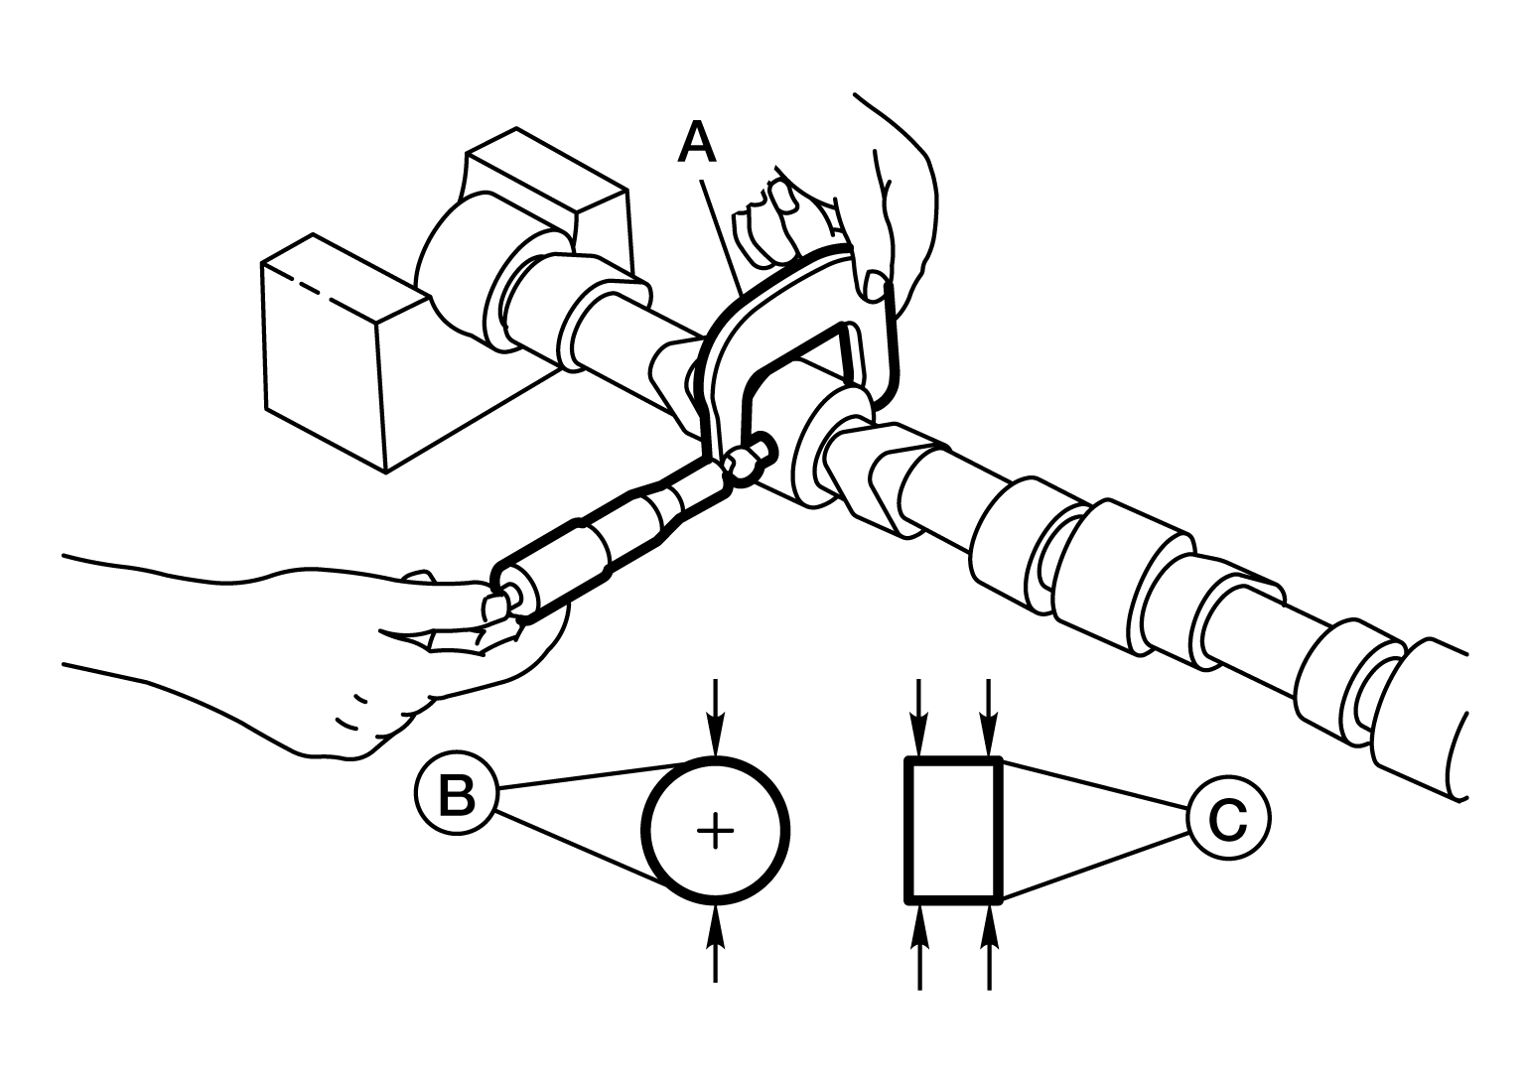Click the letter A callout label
(x=698, y=142)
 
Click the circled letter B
(x=457, y=794)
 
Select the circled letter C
(x=1228, y=818)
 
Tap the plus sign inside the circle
(x=715, y=831)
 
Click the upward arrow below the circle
(x=715, y=944)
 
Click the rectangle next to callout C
(x=953, y=831)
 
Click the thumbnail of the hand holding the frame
(x=874, y=286)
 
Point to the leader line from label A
(x=722, y=239)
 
